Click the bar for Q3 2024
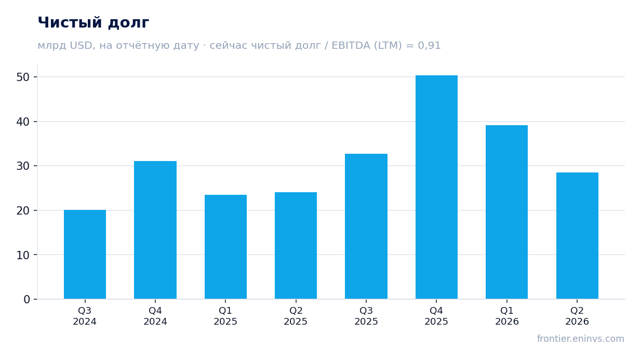tap(85, 255)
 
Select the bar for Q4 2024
tap(155, 230)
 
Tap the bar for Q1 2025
tap(225, 247)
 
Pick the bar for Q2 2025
tap(296, 246)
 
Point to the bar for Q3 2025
tap(366, 226)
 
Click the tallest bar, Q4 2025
tap(436, 187)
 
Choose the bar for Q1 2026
tap(506, 212)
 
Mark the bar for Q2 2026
tap(577, 236)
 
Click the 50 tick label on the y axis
tap(23, 77)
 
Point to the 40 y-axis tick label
tap(23, 122)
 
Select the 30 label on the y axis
tap(23, 166)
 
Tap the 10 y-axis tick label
tap(23, 255)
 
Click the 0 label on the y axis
tap(26, 300)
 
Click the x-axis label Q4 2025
tap(436, 316)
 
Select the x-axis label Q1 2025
tap(225, 316)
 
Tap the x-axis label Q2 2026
tap(577, 316)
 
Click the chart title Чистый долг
tap(94, 22)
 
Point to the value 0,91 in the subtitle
tap(429, 46)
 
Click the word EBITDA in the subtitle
tap(351, 46)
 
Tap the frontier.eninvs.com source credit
tap(581, 339)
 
